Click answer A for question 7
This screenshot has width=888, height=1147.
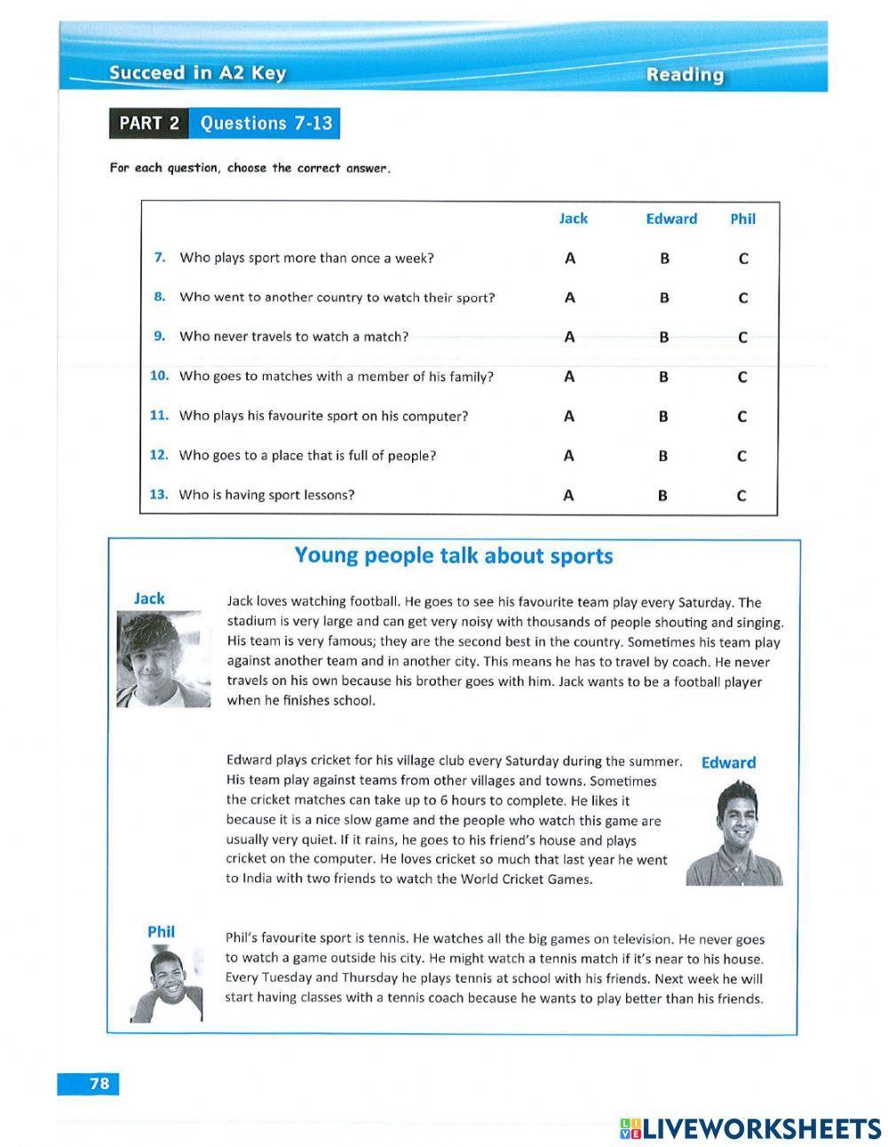[x=570, y=259]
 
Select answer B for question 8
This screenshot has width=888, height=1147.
[x=664, y=299]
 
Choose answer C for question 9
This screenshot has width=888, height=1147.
[x=742, y=338]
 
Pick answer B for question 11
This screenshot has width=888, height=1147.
[x=663, y=417]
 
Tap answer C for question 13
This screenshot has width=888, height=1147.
[x=741, y=496]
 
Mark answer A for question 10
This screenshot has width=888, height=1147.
[x=569, y=377]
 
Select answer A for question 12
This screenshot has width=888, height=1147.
[x=569, y=456]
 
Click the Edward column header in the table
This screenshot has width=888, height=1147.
[x=670, y=219]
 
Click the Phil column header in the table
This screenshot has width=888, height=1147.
[x=742, y=219]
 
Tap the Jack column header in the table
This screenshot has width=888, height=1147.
[x=573, y=219]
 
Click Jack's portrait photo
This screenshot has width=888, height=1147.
[x=163, y=659]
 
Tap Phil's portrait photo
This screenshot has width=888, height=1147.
[x=166, y=984]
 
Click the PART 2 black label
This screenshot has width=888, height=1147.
[x=148, y=123]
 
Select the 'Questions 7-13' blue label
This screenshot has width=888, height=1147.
[x=266, y=123]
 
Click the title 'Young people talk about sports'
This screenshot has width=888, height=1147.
[x=453, y=556]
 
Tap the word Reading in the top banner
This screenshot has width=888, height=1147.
[x=684, y=76]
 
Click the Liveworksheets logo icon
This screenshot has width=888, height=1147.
[x=630, y=1128]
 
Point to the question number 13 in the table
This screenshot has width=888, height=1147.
[x=159, y=495]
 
